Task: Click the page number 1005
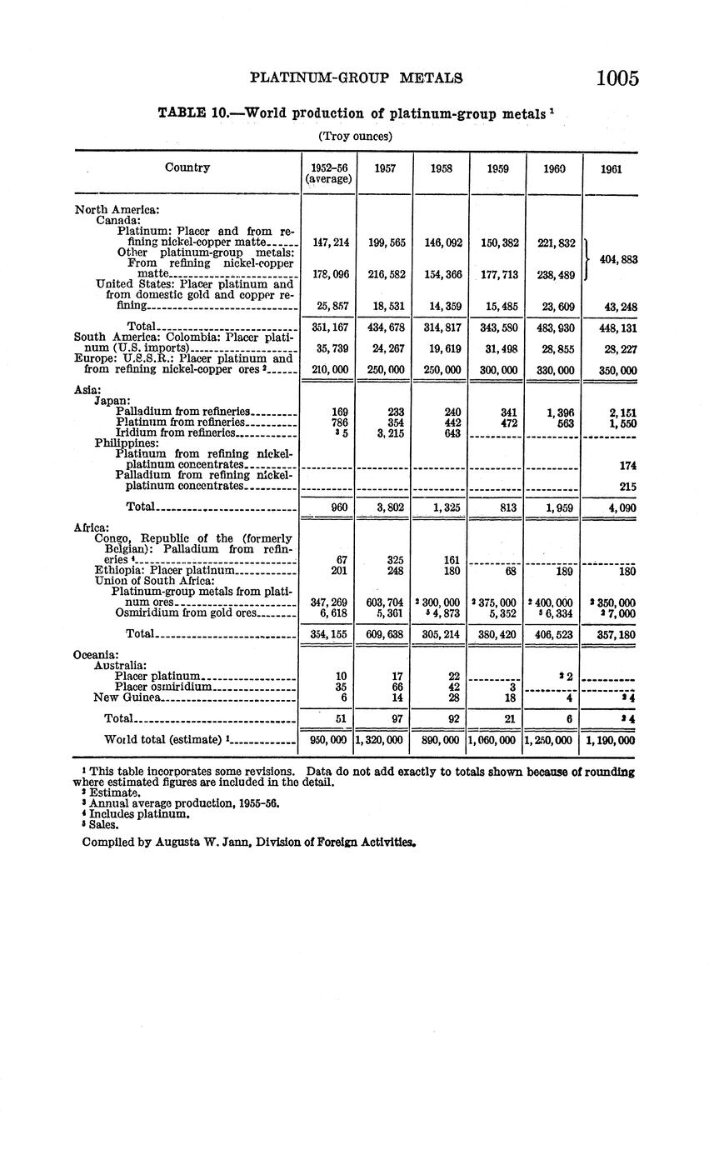coord(617,78)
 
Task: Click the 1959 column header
coord(497,168)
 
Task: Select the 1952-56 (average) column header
coord(328,173)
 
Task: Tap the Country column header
coord(187,167)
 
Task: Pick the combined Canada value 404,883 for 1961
coord(617,260)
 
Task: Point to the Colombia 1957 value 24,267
coord(384,349)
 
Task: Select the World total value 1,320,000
coord(384,740)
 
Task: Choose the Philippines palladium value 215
coord(627,487)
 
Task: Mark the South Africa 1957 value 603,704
coord(384,602)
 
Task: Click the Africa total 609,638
coord(384,634)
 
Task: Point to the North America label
coord(117,210)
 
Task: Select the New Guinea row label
coord(127,697)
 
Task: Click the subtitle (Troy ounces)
coord(355,135)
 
